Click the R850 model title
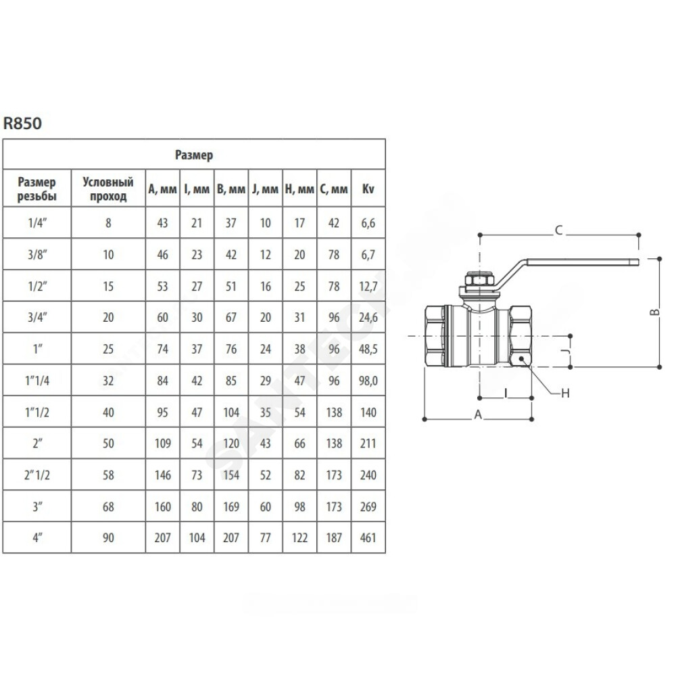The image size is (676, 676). coord(22,123)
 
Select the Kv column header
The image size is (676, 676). coord(368,189)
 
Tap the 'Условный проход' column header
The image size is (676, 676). coord(107,189)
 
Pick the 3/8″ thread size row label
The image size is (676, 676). coord(37,254)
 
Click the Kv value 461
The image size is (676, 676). coord(368,537)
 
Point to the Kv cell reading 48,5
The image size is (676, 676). coord(368,349)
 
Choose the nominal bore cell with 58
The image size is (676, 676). coord(108,475)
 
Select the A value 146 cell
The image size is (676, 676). coord(162,475)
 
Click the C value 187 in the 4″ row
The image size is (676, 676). coord(334,537)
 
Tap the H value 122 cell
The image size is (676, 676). coord(299,537)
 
